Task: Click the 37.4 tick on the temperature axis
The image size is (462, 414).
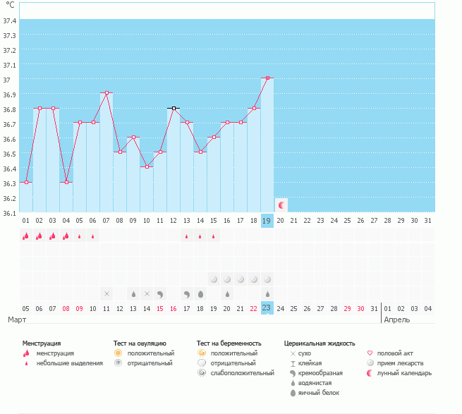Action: pos(10,20)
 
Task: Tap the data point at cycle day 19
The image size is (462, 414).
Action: pos(267,78)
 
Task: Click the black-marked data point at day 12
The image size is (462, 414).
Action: pos(174,108)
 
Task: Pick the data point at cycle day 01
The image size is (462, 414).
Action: pos(26,182)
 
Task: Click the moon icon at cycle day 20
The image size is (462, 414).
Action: pos(281,205)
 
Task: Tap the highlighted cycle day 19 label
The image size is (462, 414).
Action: pos(267,220)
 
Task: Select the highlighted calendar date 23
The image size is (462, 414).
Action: pos(267,308)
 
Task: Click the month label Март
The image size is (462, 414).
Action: pos(18,319)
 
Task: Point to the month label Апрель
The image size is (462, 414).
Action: pos(396,319)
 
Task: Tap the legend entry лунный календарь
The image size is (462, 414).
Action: pos(404,372)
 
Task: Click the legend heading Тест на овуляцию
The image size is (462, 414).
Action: pos(140,343)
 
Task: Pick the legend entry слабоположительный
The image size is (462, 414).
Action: pos(237,372)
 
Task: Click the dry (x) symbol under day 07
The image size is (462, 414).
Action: pos(107,293)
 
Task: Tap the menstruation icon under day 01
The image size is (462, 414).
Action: pos(26,236)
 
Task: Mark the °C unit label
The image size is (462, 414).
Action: pos(10,6)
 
